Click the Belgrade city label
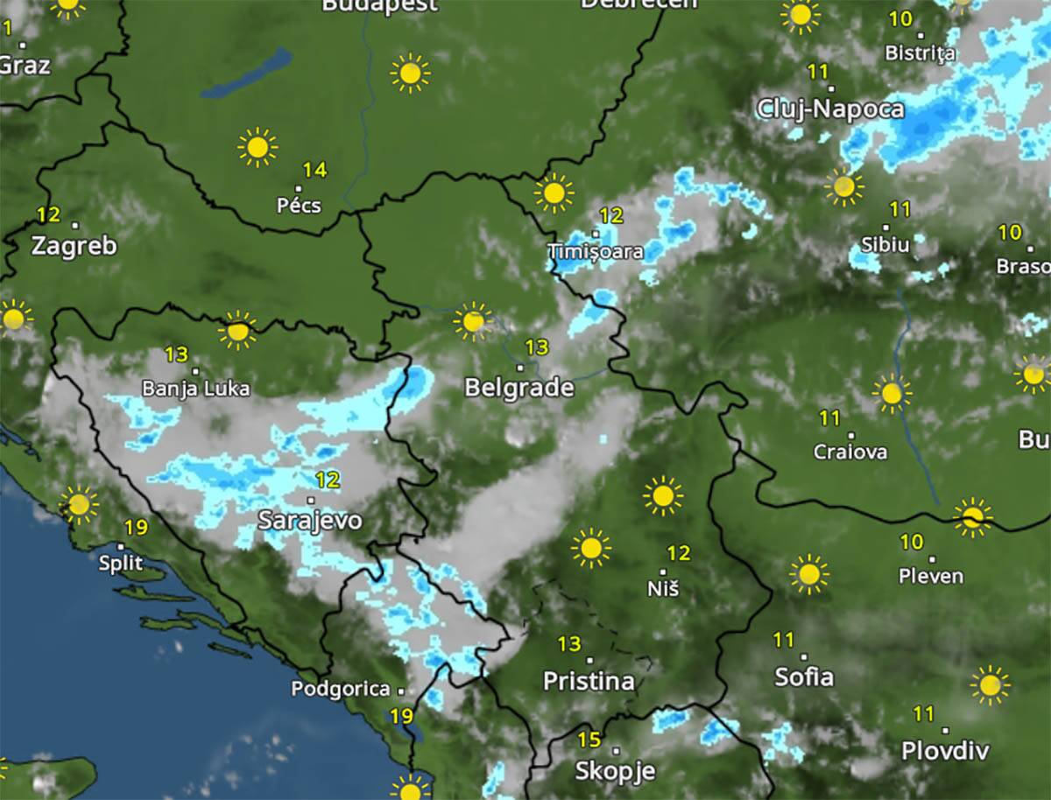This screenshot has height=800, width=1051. pyautogui.click(x=519, y=388)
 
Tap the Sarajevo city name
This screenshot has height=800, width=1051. pyautogui.click(x=310, y=521)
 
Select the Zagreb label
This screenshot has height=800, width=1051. pyautogui.click(x=74, y=246)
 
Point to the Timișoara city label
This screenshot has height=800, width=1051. pyautogui.click(x=596, y=252)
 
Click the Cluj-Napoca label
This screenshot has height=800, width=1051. pyautogui.click(x=829, y=109)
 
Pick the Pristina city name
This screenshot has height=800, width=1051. pyautogui.click(x=589, y=681)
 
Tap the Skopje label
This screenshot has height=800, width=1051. pyautogui.click(x=615, y=771)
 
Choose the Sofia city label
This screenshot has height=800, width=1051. pyautogui.click(x=804, y=677)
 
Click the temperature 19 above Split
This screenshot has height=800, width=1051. pyautogui.click(x=136, y=528)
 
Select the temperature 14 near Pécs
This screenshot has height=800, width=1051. pyautogui.click(x=314, y=170)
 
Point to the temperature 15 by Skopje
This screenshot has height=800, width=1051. pyautogui.click(x=589, y=740)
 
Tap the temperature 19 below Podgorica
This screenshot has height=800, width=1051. pyautogui.click(x=401, y=716)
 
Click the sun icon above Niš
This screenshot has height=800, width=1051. pyautogui.click(x=663, y=496)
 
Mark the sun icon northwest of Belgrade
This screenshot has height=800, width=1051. pyautogui.click(x=473, y=321)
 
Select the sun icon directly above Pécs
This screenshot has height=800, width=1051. pyautogui.click(x=257, y=147)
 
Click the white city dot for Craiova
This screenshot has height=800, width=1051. pyautogui.click(x=851, y=435)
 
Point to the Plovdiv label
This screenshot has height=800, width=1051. pyautogui.click(x=945, y=751)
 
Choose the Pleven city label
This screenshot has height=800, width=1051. pyautogui.click(x=931, y=576)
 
